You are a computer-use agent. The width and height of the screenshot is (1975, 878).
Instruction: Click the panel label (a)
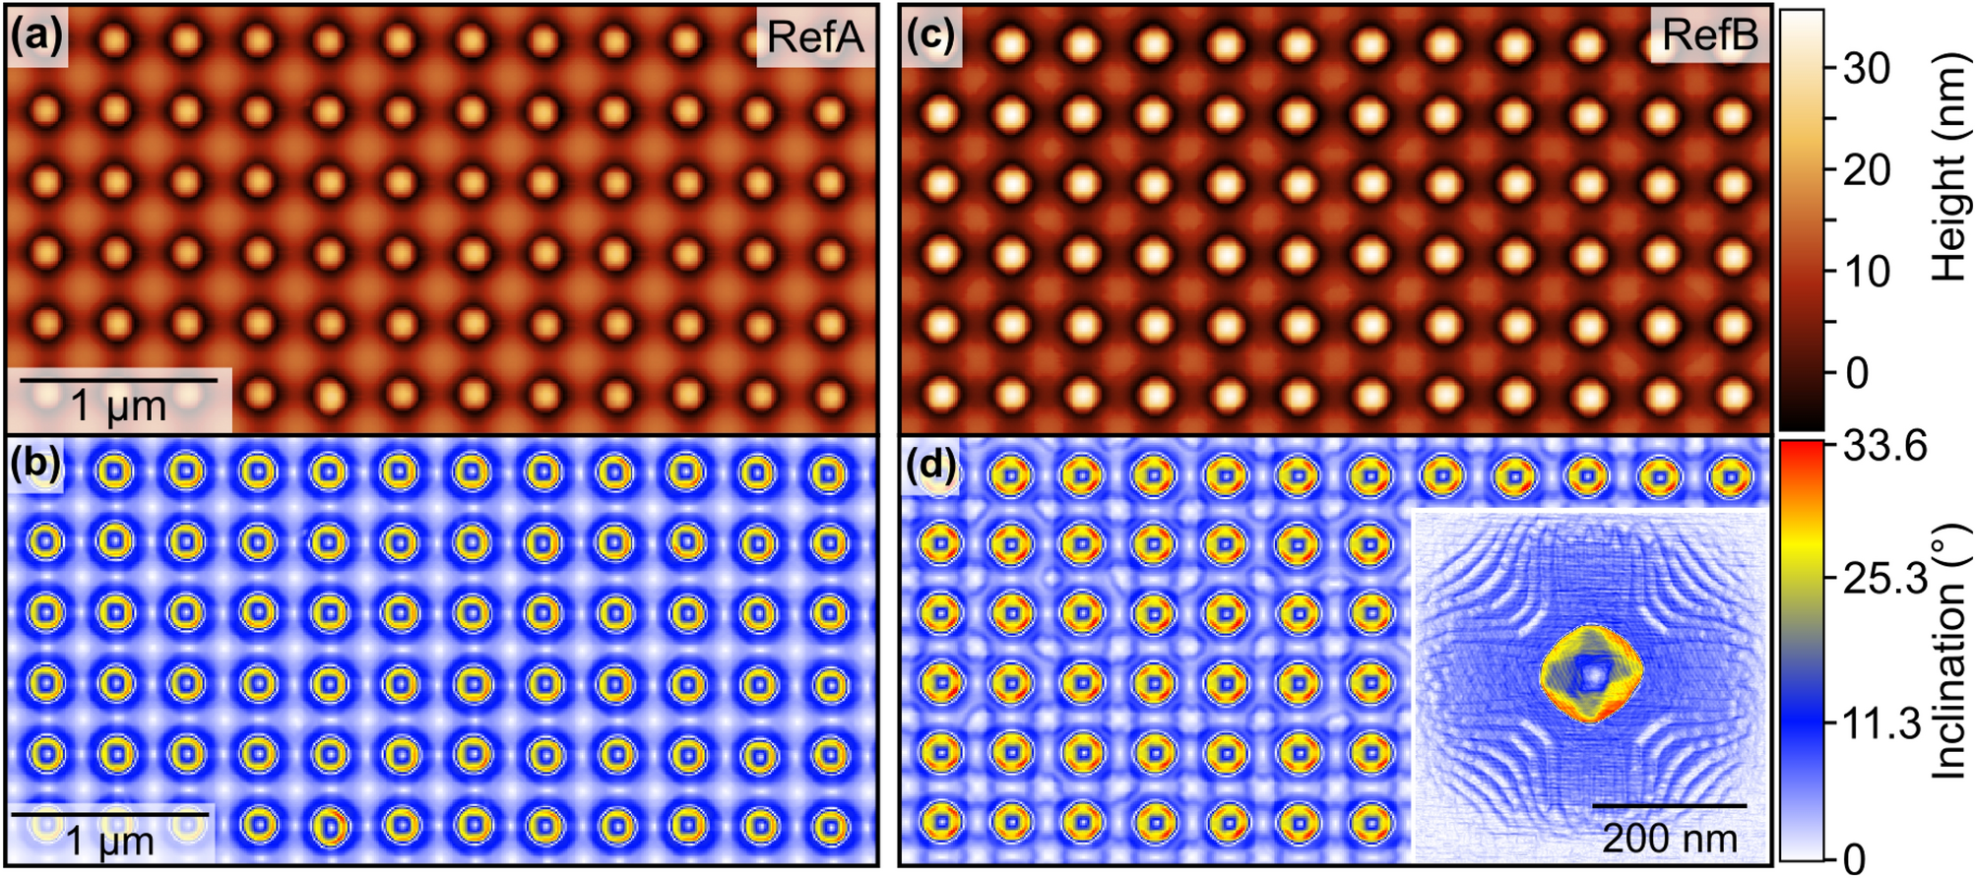[36, 36]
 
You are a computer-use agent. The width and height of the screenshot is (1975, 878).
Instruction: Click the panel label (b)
[36, 463]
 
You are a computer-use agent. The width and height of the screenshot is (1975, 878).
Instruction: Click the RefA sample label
[814, 37]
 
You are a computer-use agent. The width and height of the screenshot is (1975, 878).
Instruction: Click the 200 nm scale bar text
[1669, 838]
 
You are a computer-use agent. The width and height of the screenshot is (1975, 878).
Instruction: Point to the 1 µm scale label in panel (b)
[110, 841]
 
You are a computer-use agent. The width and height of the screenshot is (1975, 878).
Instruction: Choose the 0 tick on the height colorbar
[1857, 373]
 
